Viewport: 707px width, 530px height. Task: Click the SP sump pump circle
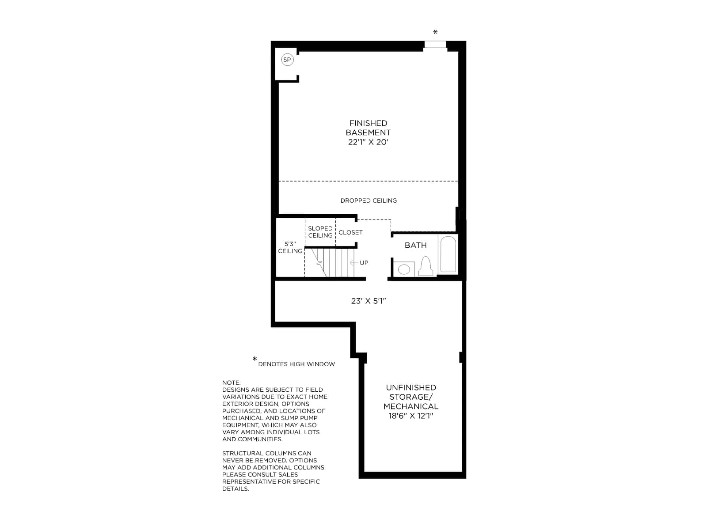tap(287, 60)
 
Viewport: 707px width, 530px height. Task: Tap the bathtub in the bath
tap(448, 254)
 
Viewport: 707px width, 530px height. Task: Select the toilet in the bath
tap(426, 266)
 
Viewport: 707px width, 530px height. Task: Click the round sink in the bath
tap(404, 269)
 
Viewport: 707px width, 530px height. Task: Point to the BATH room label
tap(415, 245)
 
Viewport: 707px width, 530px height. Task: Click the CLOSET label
tap(350, 232)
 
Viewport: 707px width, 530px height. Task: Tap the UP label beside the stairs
tap(364, 263)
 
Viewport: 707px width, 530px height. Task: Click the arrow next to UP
tap(354, 263)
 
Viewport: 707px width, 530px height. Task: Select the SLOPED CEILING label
tap(320, 232)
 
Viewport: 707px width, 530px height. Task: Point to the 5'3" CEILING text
tap(290, 247)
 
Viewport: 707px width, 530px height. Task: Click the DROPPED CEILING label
tap(369, 201)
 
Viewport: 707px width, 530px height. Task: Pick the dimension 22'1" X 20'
tap(368, 142)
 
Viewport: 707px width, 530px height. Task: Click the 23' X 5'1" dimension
tap(369, 301)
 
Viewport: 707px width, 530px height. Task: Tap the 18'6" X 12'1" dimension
tap(411, 416)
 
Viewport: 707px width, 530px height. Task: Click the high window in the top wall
tap(435, 45)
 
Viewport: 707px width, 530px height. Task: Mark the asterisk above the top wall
tap(435, 32)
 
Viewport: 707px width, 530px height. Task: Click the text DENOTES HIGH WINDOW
tap(296, 364)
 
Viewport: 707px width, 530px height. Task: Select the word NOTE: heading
tap(231, 382)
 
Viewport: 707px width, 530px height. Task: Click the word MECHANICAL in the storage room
tap(411, 406)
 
